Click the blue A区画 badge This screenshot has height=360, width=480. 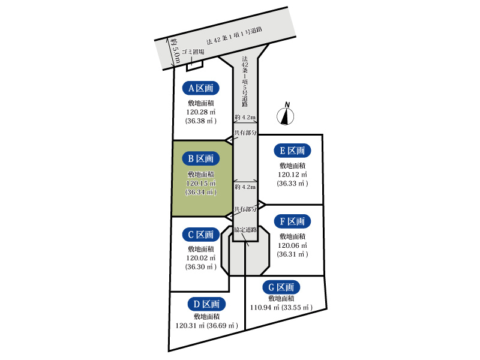point(201,88)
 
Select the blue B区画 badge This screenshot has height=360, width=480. point(201,158)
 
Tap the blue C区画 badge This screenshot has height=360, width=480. point(201,235)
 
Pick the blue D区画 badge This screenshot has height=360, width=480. point(206,304)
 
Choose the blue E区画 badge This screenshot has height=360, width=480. point(292,151)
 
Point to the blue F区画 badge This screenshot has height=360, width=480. point(292,221)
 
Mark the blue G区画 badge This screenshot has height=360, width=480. point(281,287)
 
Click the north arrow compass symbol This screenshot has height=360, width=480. point(286,114)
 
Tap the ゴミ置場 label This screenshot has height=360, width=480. point(193,52)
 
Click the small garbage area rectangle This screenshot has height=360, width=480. point(195,65)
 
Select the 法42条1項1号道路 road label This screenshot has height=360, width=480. point(234,36)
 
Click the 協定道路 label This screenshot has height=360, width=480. point(245,230)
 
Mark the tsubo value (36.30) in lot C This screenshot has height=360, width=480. point(201,267)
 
